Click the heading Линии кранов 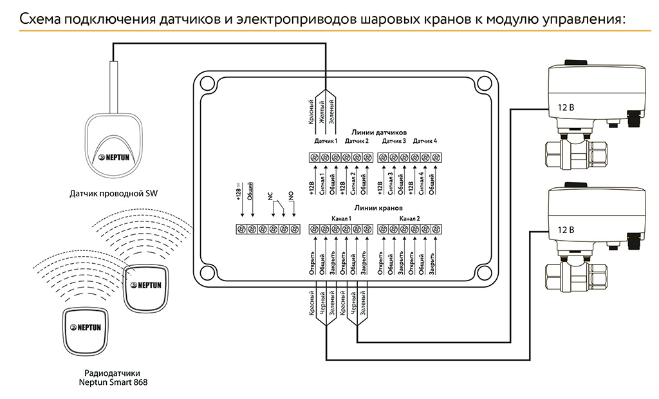378,208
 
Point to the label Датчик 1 326,141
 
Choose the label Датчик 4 425,141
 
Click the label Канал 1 341,219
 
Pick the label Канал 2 409,219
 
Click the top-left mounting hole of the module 206,83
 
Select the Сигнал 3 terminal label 391,181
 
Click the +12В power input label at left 238,194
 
